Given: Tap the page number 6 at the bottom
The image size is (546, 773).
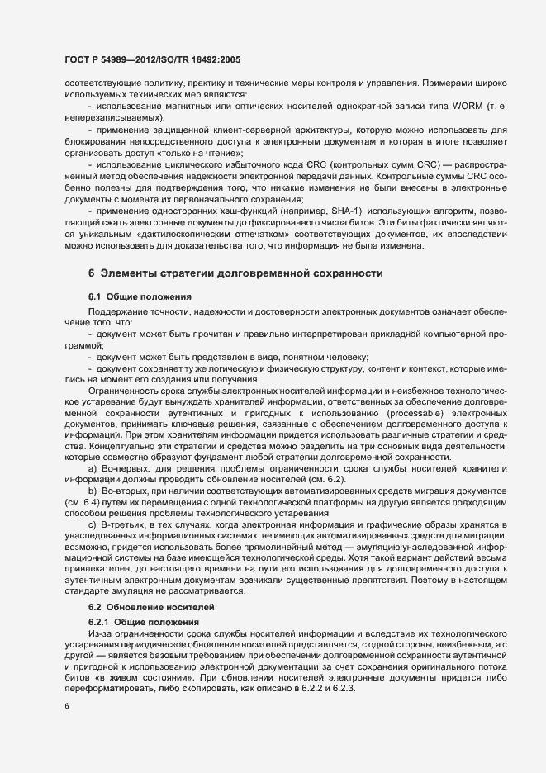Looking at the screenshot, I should [66, 706].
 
